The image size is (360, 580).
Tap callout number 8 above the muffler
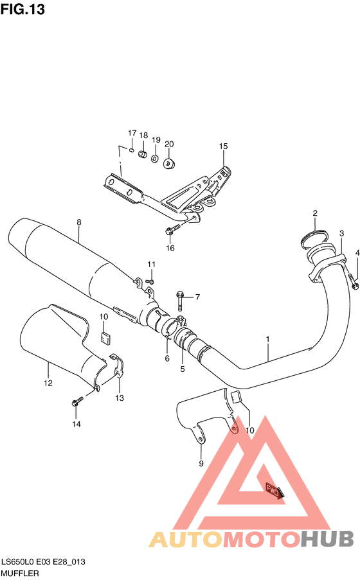pos(79,223)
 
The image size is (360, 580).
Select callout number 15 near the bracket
pos(223,146)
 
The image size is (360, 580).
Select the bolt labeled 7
pos(180,297)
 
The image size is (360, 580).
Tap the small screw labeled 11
pos(150,280)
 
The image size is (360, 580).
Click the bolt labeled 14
pos(75,402)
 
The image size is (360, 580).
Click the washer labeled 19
pos(155,157)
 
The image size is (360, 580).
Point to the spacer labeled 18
pos(143,155)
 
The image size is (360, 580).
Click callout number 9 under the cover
pos(200,462)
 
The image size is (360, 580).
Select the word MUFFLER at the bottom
pos(20,572)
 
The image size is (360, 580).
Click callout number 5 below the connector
pos(182,369)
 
